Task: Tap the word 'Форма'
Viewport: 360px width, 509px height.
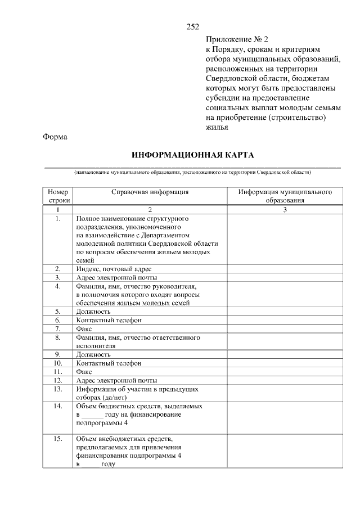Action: pos(55,137)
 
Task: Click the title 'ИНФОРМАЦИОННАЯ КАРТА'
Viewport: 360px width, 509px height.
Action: pos(193,155)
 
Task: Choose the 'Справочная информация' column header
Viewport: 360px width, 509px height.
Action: pos(150,192)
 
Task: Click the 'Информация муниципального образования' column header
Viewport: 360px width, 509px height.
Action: pos(284,196)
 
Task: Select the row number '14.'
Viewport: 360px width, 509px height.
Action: pos(58,406)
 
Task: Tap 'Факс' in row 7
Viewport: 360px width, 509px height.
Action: pos(84,328)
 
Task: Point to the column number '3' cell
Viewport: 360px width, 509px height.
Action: pos(284,210)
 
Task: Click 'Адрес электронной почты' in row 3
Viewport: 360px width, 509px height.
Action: pos(116,277)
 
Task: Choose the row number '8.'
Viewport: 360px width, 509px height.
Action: pos(58,337)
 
